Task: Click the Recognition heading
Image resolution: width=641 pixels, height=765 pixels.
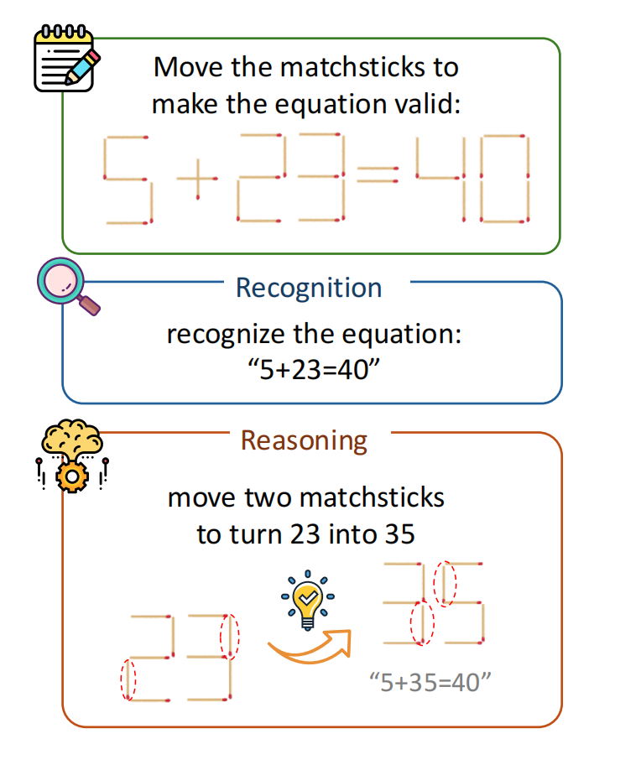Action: coord(309,288)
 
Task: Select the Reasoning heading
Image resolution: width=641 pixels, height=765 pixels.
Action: coord(304,440)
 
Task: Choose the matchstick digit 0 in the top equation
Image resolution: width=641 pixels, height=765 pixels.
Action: coord(504,177)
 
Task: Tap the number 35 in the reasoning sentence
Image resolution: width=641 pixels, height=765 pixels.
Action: coord(398,533)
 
